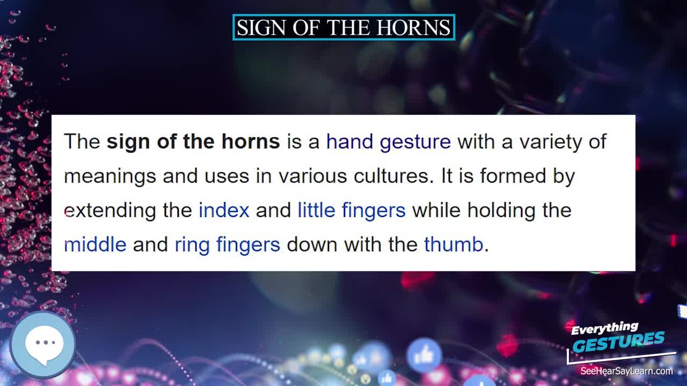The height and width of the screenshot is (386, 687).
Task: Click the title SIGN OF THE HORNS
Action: pos(343,27)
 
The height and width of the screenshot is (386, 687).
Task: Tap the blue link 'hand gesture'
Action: pos(388,142)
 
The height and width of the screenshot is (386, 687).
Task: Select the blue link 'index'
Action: pos(224,210)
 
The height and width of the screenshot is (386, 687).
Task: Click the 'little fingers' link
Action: pos(352,210)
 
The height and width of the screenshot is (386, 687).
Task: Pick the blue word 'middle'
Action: pos(95,244)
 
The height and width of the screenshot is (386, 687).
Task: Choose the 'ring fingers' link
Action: pos(227,244)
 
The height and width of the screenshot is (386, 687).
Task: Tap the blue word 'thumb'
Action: pos(454,244)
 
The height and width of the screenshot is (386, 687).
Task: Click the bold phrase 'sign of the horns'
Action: pos(193,142)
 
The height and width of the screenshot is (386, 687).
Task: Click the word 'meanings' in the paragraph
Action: pos(110,176)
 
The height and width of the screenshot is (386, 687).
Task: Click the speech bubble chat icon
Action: pos(43,343)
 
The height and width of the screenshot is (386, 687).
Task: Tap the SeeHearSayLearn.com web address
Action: pos(626,371)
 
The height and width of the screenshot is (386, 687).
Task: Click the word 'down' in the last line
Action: pos(312,244)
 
